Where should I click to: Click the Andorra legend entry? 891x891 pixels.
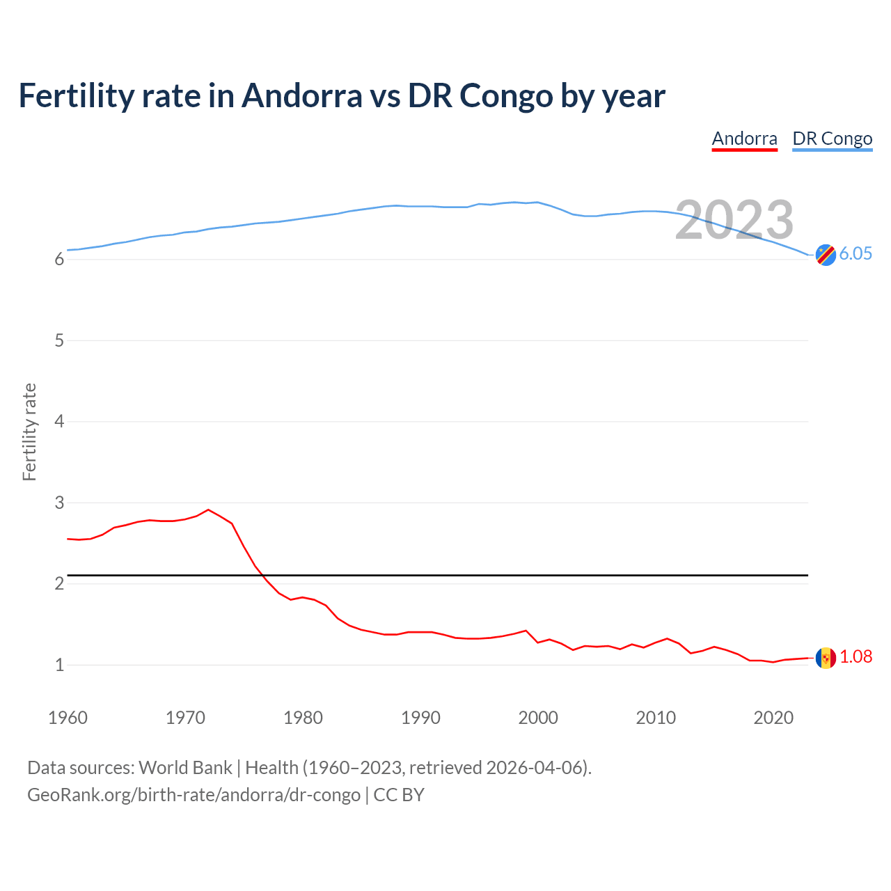[744, 139]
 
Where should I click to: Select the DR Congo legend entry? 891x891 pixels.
[832, 139]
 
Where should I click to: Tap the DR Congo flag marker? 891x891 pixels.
[826, 255]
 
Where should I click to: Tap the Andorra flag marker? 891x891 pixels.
[826, 658]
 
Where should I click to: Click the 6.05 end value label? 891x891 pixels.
[855, 253]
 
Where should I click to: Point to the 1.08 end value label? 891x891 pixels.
[855, 656]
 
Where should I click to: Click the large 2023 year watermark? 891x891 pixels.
[734, 220]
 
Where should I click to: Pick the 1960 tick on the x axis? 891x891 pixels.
[68, 718]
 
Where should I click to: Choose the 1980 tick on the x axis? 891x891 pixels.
[303, 718]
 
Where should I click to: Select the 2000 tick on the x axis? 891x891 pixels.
[538, 718]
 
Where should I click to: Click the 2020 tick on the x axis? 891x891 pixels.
[773, 718]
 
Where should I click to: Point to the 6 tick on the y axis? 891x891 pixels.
[59, 260]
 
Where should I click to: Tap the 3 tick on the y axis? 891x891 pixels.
[59, 503]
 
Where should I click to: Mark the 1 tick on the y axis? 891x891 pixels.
[59, 665]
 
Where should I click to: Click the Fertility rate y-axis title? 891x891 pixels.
[29, 432]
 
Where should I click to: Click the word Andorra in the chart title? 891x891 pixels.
[301, 95]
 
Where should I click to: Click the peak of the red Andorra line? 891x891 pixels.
[208, 510]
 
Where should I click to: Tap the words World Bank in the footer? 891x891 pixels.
[185, 767]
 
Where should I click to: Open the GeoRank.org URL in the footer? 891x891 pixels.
[194, 795]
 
